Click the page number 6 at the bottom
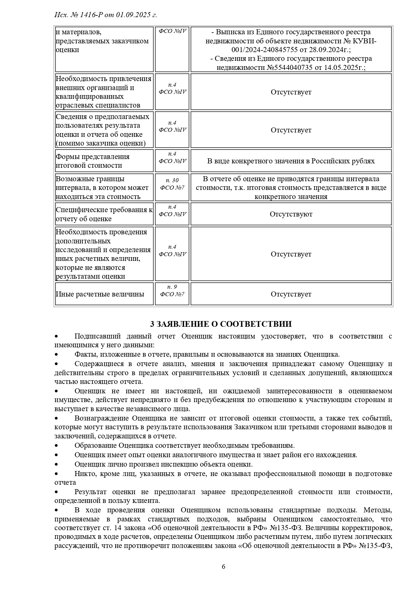pyautogui.click(x=223, y=566)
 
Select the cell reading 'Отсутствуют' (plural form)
pyautogui.click(x=291, y=214)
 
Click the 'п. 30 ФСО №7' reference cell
pyautogui.click(x=172, y=184)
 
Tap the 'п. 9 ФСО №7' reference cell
pyautogui.click(x=172, y=290)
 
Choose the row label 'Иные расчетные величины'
pyautogui.click(x=100, y=294)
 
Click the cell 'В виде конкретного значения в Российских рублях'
pyautogui.click(x=291, y=161)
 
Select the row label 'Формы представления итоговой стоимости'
pyautogui.click(x=93, y=161)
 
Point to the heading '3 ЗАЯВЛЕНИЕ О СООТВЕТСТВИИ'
pyautogui.click(x=221, y=324)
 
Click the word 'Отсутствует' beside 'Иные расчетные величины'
pyautogui.click(x=291, y=294)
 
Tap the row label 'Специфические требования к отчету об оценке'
pyautogui.click(x=104, y=214)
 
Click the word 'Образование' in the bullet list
pyautogui.click(x=95, y=445)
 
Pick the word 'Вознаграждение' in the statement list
pyautogui.click(x=101, y=418)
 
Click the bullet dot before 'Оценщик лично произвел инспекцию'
pyautogui.click(x=57, y=464)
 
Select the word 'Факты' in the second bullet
pyautogui.click(x=84, y=354)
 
